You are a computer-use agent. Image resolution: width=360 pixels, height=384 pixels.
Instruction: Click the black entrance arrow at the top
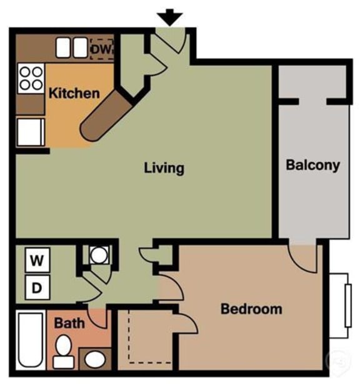pyautogui.click(x=171, y=16)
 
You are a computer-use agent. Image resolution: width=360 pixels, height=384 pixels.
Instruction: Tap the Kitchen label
pyautogui.click(x=74, y=94)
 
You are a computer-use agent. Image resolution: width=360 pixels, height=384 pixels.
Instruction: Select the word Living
pyautogui.click(x=164, y=168)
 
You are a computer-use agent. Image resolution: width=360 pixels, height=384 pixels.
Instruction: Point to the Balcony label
pyautogui.click(x=312, y=165)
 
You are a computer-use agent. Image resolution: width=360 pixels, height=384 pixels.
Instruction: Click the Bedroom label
pyautogui.click(x=251, y=309)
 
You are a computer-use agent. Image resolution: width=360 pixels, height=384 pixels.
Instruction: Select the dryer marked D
pyautogui.click(x=37, y=289)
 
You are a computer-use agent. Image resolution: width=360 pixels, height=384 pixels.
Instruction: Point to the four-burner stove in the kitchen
pyautogui.click(x=31, y=78)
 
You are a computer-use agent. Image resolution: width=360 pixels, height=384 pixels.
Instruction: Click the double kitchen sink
pyautogui.click(x=72, y=48)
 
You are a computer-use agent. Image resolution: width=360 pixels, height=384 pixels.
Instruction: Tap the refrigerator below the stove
pyautogui.click(x=30, y=132)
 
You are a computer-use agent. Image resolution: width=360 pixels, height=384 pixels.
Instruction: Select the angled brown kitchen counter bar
pyautogui.click(x=105, y=116)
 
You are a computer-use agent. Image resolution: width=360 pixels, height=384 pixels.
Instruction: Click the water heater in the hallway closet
pyautogui.click(x=98, y=255)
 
